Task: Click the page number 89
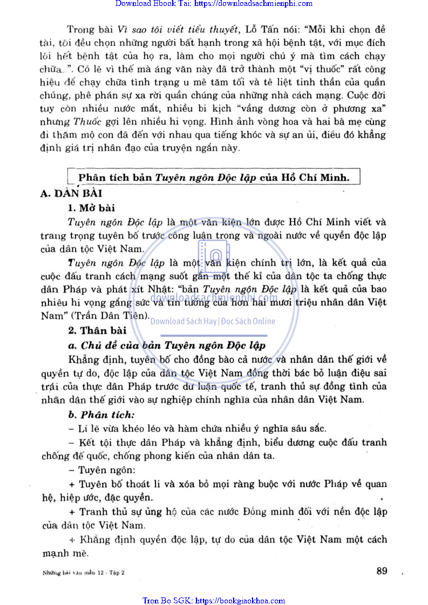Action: (382, 571)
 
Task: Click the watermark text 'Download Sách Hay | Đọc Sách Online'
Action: (213, 321)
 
